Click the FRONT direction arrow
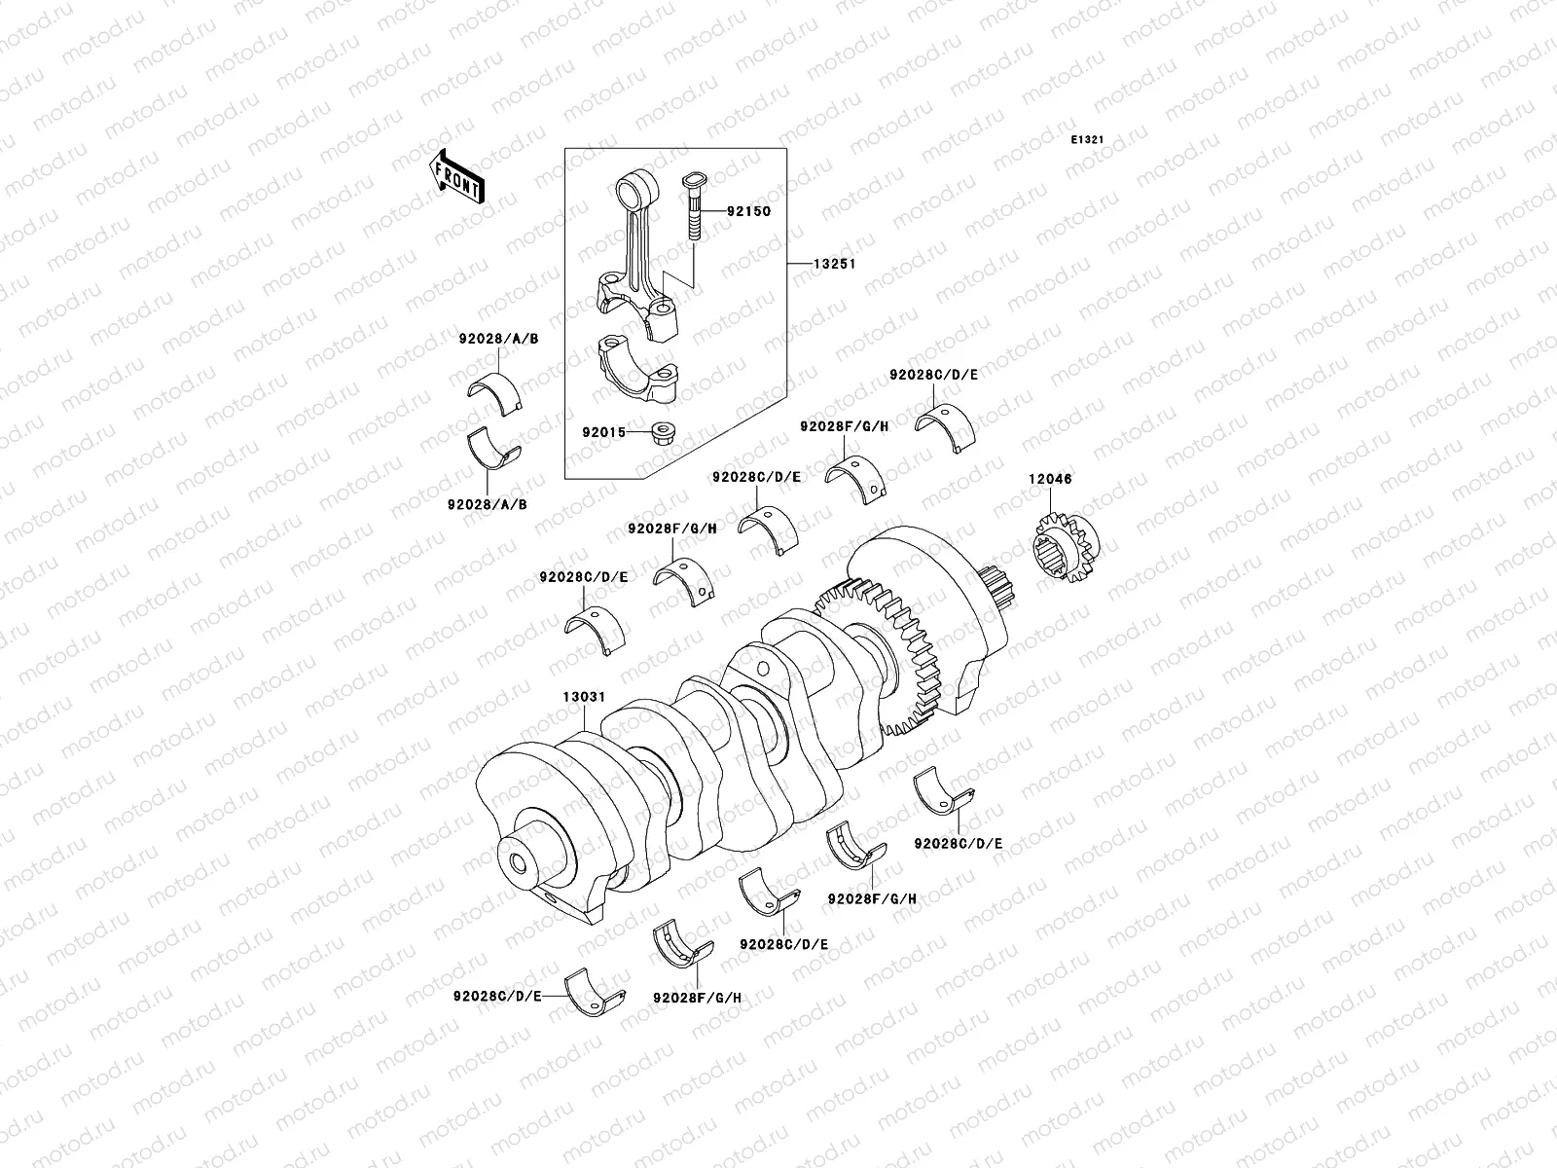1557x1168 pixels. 457,176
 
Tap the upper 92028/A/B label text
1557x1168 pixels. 499,340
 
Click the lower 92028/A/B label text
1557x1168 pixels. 487,505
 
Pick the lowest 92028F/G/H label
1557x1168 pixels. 698,998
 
